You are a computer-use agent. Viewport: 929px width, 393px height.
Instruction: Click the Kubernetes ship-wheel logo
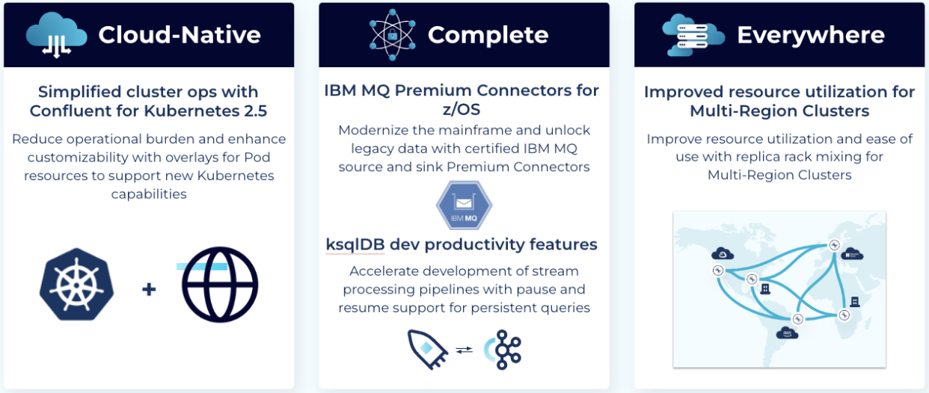[x=77, y=285]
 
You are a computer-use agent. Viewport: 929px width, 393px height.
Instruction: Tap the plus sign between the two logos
[x=149, y=289]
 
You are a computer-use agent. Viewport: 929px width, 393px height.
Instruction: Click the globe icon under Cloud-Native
[x=220, y=285]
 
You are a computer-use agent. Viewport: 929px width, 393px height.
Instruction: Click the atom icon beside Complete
[x=393, y=35]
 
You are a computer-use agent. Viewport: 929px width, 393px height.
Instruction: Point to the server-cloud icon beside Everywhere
[x=693, y=35]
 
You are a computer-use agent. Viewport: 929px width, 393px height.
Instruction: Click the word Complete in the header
[x=488, y=35]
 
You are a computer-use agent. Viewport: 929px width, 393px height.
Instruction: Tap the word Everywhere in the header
[x=811, y=35]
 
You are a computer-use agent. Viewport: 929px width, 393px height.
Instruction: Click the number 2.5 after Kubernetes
[x=256, y=111]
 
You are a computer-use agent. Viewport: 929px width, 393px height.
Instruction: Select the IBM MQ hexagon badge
[x=464, y=205]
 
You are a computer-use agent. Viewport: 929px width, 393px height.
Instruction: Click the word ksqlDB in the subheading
[x=355, y=245]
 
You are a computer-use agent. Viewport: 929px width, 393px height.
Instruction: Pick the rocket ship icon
[x=427, y=349]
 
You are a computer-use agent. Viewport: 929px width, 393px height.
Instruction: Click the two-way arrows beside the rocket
[x=464, y=350]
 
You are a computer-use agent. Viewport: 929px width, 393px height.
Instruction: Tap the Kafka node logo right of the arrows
[x=503, y=350]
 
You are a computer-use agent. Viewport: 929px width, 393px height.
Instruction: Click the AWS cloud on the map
[x=787, y=332]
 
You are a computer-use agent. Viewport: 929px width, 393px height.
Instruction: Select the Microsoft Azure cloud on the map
[x=852, y=254]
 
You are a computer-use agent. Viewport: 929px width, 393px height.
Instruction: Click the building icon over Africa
[x=855, y=302]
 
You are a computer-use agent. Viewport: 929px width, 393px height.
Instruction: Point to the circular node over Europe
[x=834, y=245]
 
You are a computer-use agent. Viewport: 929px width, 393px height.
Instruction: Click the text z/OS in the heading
[x=462, y=109]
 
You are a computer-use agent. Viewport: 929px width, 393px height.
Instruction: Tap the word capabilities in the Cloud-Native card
[x=149, y=194]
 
